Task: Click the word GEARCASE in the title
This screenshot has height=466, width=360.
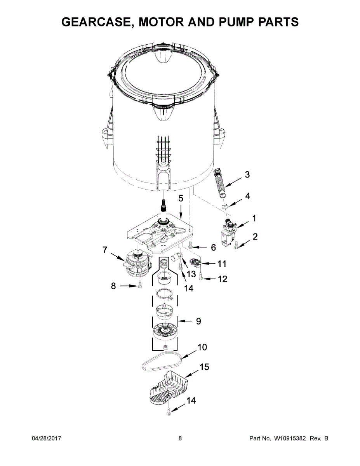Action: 96,22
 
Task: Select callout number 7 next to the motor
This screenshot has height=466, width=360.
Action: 105,250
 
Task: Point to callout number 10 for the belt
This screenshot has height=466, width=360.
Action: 202,347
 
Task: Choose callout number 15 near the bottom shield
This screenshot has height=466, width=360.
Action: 204,367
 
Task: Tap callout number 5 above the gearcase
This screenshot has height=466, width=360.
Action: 180,198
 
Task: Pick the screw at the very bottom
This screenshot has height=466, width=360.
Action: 168,412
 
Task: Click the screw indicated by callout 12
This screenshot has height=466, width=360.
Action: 201,277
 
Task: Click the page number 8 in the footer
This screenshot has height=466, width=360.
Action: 180,438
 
